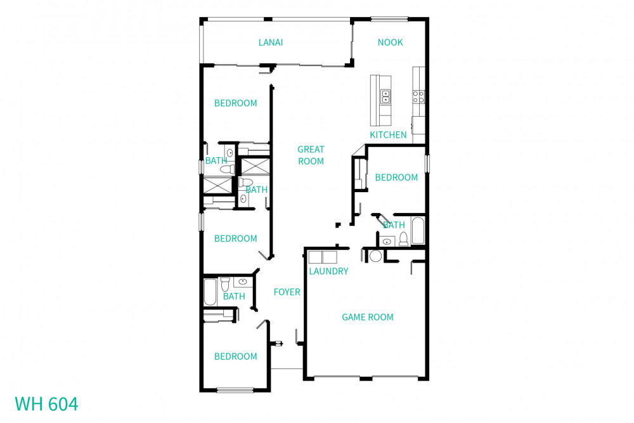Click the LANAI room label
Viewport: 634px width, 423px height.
coord(270,42)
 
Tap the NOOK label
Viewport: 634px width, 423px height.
coord(390,42)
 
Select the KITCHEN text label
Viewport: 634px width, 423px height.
coord(388,135)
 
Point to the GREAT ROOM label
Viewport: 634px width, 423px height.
coord(311,155)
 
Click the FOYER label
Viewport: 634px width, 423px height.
coord(287,292)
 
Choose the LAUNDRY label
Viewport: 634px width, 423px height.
coord(328,271)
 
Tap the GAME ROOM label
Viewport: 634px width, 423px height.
coord(368,317)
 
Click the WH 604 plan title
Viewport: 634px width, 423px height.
coord(46,404)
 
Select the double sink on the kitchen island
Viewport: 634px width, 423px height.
coord(385,96)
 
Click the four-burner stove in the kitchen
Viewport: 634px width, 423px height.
coord(418,96)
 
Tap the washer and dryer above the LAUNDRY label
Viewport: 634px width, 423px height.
coord(322,257)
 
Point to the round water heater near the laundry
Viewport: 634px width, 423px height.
coord(375,256)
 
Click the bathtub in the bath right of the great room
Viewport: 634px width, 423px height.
coord(418,231)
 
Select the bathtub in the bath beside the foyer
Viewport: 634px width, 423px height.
coord(210,292)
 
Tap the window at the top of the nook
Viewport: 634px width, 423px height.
coord(389,19)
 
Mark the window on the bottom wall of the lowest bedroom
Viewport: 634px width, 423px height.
coord(235,390)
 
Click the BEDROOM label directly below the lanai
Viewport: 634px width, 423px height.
coord(235,103)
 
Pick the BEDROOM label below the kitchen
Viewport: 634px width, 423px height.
coord(396,178)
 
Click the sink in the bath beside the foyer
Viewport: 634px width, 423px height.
coord(243,281)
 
